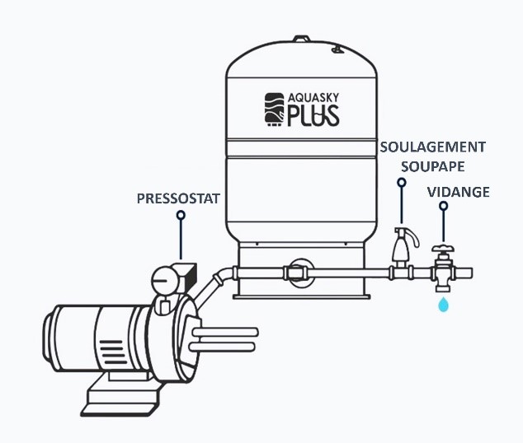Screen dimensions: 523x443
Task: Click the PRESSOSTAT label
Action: coord(178,198)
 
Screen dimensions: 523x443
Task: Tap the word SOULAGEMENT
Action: coord(433,147)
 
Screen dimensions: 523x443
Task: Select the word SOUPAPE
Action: coord(433,166)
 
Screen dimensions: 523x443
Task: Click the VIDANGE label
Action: coord(459,192)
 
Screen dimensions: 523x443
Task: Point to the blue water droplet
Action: coord(444,305)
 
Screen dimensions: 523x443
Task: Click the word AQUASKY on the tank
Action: coord(313,98)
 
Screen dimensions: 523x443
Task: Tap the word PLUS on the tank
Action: coord(313,115)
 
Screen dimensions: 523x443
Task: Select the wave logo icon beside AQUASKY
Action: coord(275,110)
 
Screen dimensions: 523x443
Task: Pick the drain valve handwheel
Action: coord(443,249)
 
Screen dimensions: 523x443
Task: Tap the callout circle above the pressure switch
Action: coord(181,216)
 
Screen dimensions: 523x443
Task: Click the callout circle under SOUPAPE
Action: coord(402,182)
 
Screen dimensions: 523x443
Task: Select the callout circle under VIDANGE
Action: coord(443,206)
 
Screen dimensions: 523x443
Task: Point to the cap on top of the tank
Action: coord(301,39)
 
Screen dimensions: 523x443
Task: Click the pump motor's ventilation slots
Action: coord(113,352)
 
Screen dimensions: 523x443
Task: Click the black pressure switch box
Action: coord(187,277)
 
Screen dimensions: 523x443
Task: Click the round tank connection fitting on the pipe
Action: coord(301,273)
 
